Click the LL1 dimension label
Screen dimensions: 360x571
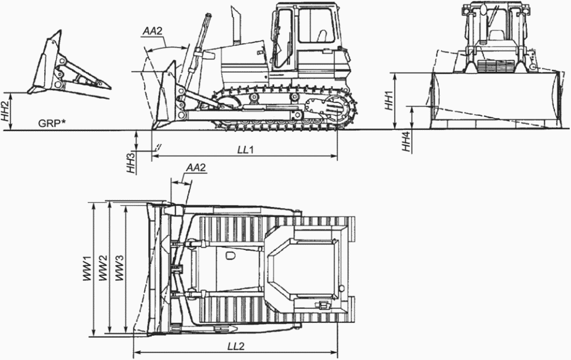coord(245,150)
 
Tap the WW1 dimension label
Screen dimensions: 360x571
coord(88,268)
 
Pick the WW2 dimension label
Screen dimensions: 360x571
coord(103,268)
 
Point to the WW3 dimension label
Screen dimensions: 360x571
coord(119,268)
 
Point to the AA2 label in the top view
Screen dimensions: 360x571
coord(195,168)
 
